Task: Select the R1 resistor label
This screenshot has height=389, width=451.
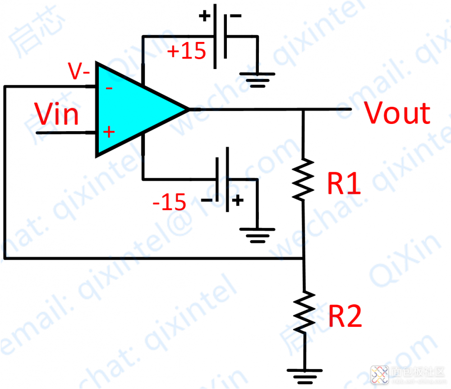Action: pos(345,184)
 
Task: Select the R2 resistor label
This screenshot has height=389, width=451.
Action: pos(345,316)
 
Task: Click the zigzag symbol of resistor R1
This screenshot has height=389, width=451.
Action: pos(303,178)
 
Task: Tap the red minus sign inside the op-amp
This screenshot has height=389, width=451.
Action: pos(109,88)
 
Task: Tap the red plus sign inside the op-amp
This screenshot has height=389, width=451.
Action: pos(108,132)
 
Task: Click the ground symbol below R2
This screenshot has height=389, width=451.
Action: pos(304,374)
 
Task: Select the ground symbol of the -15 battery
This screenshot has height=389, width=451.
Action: pos(257,234)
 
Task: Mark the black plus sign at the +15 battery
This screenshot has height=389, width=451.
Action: pos(205,17)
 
